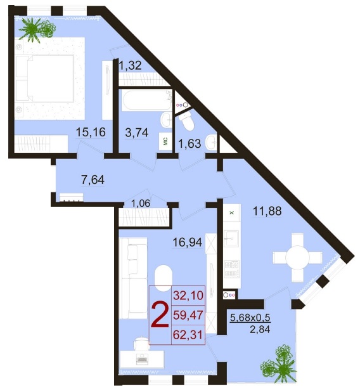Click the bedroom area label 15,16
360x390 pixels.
coord(91,132)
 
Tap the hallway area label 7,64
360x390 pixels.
coord(93,179)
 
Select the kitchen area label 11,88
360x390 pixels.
coord(267,211)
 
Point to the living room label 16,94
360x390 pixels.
coord(188,242)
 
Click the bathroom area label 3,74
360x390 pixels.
coord(137,133)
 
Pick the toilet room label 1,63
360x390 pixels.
coord(190,143)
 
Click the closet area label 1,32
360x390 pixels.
coord(130,66)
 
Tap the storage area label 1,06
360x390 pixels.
coord(141,203)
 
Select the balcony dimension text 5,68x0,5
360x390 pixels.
coord(250,318)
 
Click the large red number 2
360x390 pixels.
coord(160,315)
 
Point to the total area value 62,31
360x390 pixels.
coord(188,335)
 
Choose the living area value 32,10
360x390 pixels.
coord(188,296)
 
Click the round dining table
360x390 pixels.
coord(297,257)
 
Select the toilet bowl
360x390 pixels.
coord(188,121)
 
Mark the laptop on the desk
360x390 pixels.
coord(142,359)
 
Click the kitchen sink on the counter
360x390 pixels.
coord(231,238)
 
